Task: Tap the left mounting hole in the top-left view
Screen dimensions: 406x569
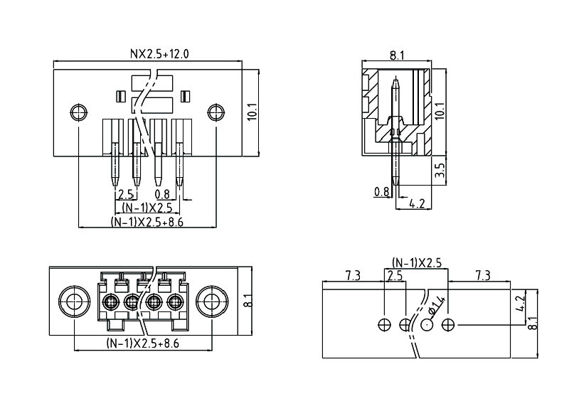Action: [x=79, y=112]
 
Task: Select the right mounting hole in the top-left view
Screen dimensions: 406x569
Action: [x=215, y=112]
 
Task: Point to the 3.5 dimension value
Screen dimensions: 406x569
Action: [x=440, y=171]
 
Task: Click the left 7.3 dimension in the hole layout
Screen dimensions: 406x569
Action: [x=352, y=275]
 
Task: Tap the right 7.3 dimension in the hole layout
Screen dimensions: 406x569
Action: [x=482, y=275]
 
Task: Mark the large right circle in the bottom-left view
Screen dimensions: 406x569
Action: [x=209, y=302]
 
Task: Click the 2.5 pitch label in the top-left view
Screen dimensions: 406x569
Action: [x=126, y=194]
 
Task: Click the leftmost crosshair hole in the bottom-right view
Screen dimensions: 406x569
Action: [x=385, y=325]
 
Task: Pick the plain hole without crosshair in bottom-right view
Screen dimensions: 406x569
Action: [x=427, y=325]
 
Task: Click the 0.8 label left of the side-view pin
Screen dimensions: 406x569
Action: [x=381, y=191]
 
